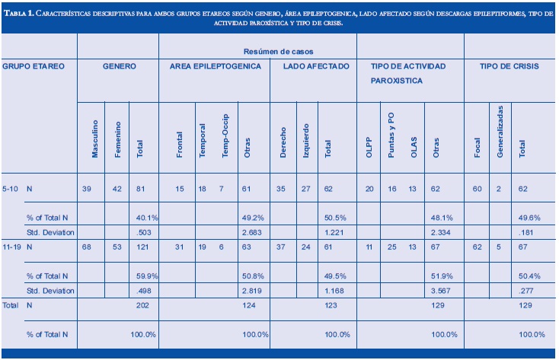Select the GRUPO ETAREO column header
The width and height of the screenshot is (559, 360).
point(33,66)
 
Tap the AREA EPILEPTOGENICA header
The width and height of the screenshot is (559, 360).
point(215,66)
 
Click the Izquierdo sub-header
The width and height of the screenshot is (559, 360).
point(305,141)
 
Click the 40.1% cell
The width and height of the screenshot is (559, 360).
point(145,218)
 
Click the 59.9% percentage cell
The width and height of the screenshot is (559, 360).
point(145,277)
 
